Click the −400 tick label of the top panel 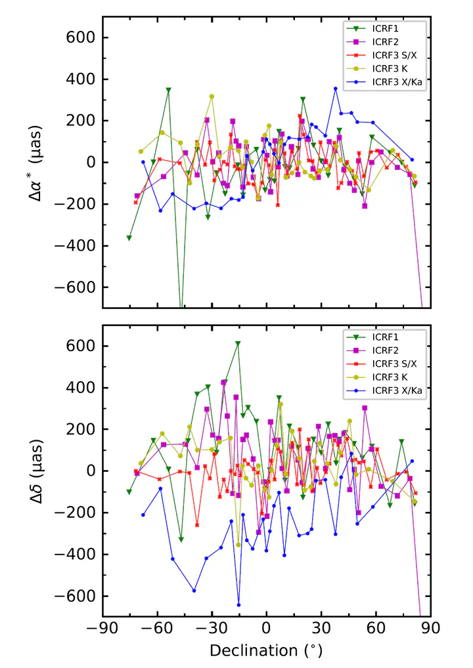point(76,245)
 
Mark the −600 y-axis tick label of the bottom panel point(76,596)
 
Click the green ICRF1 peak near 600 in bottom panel point(238,343)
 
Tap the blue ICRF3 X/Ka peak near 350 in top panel point(335,89)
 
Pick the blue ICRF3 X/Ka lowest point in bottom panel point(238,605)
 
